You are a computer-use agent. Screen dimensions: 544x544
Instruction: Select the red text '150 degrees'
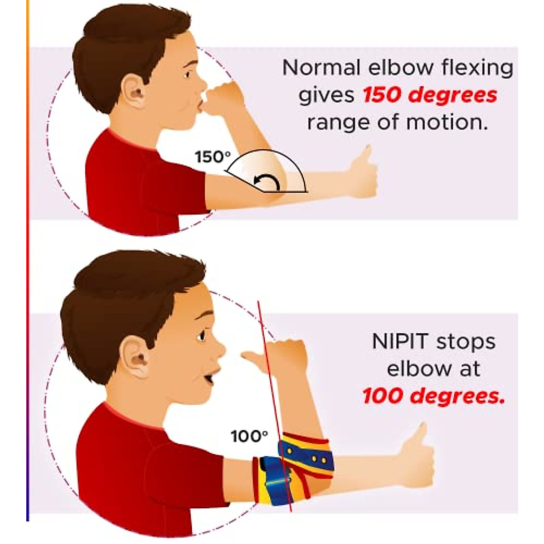coord(430,95)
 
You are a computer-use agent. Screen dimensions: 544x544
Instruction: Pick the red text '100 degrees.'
coord(433,396)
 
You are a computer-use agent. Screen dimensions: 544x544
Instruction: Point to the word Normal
coord(322,68)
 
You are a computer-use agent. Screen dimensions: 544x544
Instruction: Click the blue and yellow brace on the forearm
coord(306,453)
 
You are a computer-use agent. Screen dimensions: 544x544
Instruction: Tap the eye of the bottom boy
coord(201,336)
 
